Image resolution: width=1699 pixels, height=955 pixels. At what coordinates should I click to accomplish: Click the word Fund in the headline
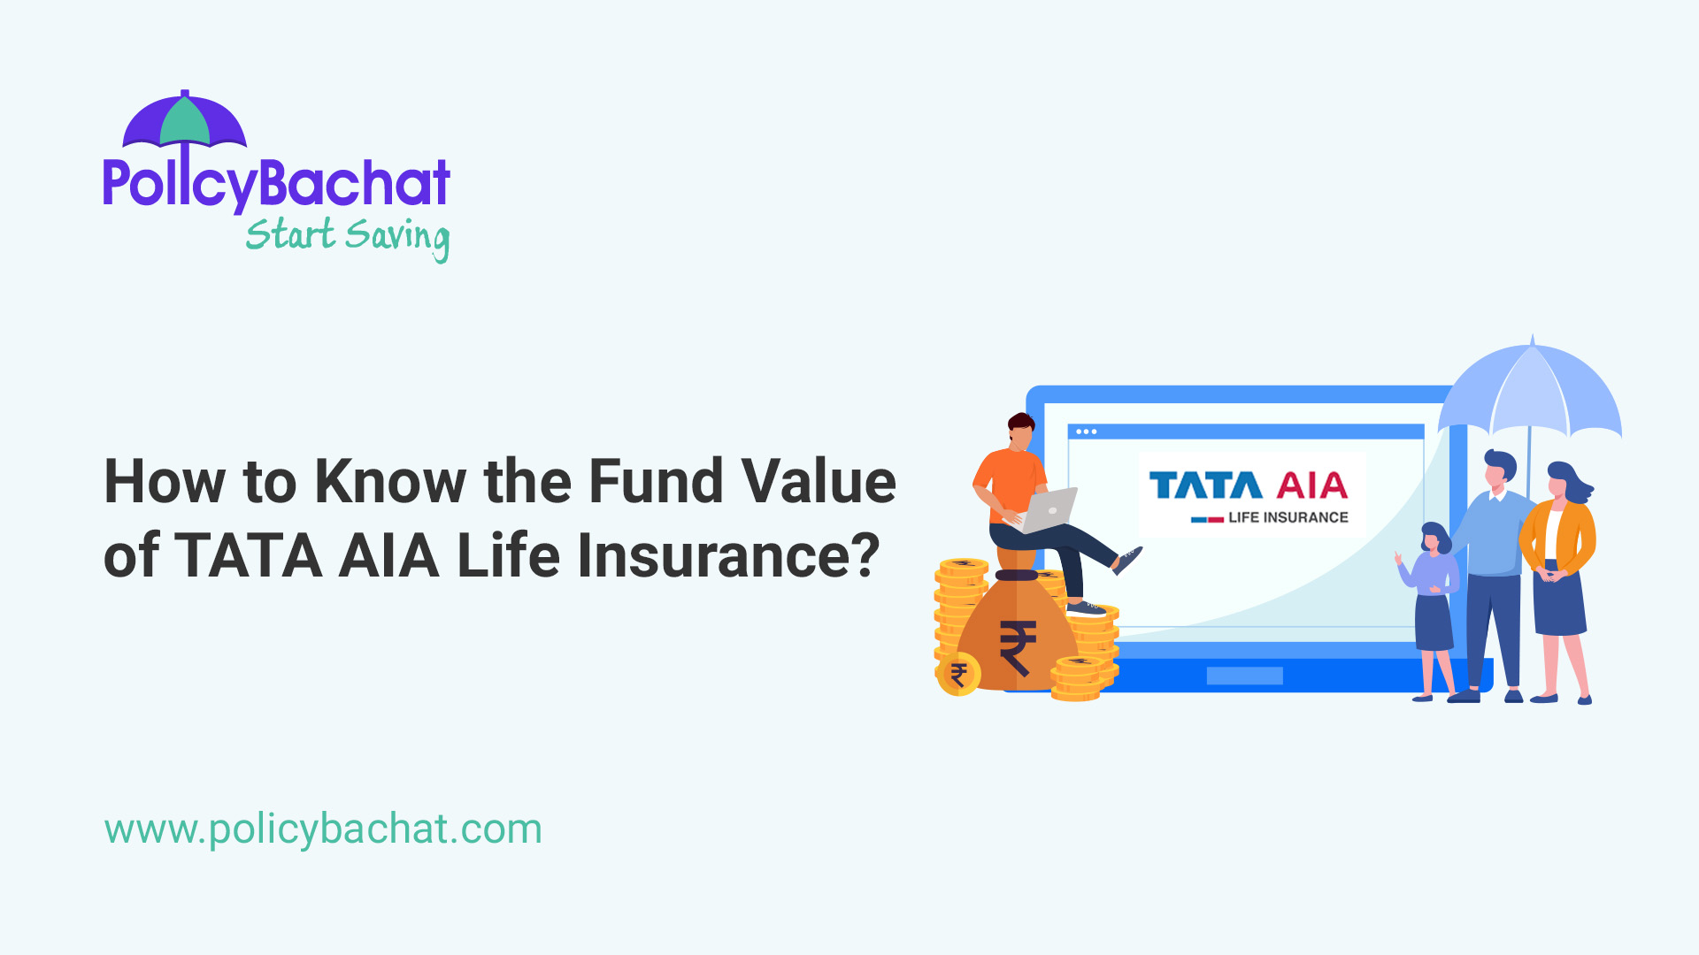[654, 482]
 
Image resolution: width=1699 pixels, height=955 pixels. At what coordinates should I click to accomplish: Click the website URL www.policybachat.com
[323, 829]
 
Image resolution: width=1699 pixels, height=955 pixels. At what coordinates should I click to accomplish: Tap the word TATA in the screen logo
[1205, 486]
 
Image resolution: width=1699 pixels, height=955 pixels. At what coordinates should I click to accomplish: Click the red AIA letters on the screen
[1312, 486]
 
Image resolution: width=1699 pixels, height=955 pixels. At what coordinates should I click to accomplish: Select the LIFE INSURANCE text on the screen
[1288, 517]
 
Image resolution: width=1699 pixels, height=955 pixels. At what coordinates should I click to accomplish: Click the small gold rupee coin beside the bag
[958, 675]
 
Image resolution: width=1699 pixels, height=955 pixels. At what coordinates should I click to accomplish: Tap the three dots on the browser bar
[1086, 432]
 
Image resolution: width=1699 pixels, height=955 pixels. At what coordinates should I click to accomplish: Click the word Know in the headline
[390, 482]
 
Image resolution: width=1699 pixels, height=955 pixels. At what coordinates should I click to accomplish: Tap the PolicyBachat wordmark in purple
[276, 183]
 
